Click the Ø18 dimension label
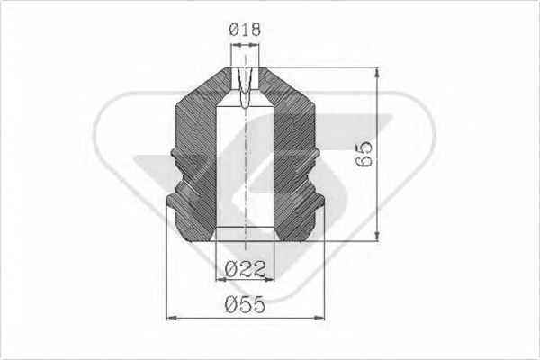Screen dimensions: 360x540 click(246, 31)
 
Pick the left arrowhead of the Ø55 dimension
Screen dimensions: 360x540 click(174, 317)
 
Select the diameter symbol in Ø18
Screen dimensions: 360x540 click(233, 31)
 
